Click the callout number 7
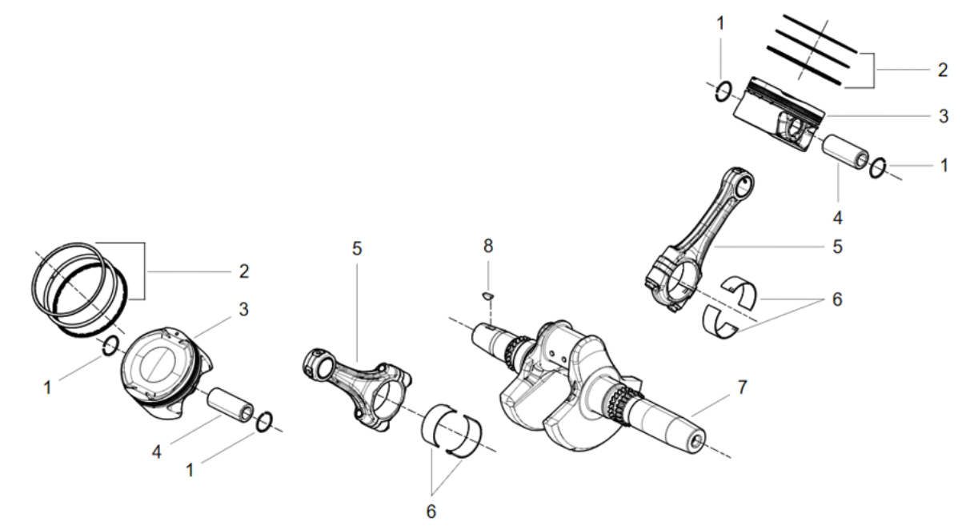point(743,387)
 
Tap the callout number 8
point(488,246)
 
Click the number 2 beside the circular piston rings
point(244,271)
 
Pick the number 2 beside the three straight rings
point(942,70)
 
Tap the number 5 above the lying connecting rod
point(357,248)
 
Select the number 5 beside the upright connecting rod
point(837,247)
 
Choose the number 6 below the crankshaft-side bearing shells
point(431,512)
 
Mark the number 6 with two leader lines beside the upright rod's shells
point(837,299)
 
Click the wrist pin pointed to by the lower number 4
point(230,405)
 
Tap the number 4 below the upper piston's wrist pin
point(837,218)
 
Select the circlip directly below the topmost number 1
point(724,91)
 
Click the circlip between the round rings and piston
point(110,346)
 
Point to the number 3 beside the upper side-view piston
point(943,116)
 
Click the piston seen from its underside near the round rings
point(166,372)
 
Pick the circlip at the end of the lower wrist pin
point(264,422)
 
